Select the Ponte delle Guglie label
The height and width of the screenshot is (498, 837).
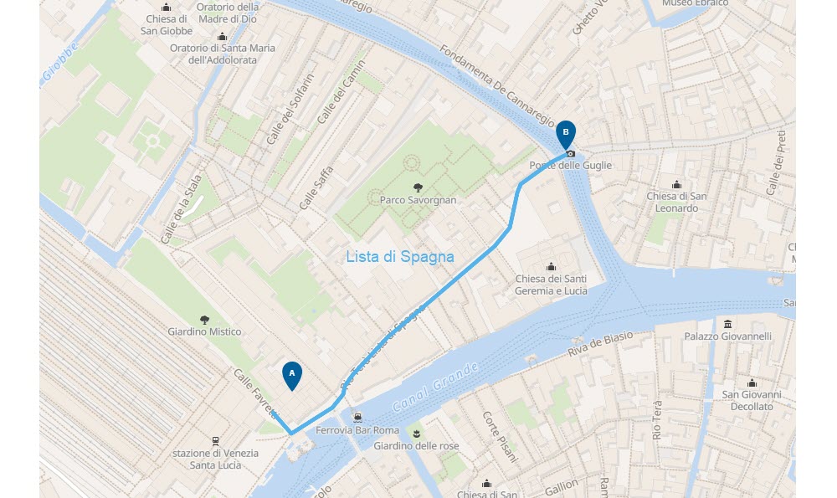(570, 166)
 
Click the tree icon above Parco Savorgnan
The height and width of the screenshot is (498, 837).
(417, 187)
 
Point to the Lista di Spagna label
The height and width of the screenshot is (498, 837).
(400, 257)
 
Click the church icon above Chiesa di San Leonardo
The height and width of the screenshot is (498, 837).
(676, 184)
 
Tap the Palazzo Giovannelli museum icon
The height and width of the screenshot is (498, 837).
(727, 324)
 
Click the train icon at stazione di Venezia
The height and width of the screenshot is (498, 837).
(215, 440)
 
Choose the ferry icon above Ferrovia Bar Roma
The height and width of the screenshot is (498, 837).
(357, 417)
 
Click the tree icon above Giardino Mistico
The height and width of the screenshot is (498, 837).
(204, 319)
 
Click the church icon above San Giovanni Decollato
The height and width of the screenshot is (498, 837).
(752, 382)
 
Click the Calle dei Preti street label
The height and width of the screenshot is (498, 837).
(777, 163)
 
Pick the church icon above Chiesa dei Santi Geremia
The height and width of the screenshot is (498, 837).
(551, 266)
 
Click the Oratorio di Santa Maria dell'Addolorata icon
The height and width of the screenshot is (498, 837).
(222, 36)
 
